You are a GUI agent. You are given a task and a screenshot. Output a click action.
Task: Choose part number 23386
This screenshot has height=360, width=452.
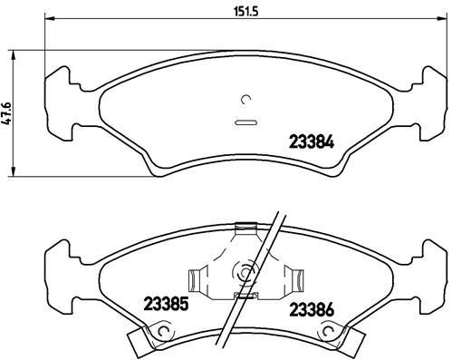click(311, 307)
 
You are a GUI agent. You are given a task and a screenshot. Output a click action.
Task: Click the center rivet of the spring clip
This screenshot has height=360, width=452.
click(242, 269)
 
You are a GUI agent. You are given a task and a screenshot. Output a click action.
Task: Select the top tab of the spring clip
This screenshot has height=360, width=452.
click(242, 229)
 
